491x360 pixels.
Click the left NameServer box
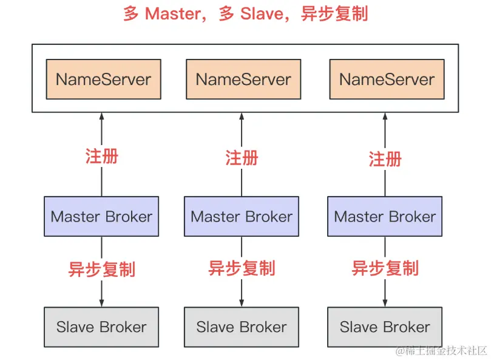coord(104,79)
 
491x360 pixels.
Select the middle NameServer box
coord(243,79)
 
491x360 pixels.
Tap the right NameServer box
coord(387,79)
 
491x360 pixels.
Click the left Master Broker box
coord(101,216)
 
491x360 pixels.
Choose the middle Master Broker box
coord(242,216)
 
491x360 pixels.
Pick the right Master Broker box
coord(385,216)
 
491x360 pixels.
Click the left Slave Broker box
coord(101,327)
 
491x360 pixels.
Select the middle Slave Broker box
coord(242,327)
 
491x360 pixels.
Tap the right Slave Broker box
coord(385,327)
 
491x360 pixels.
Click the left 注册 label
coord(101,156)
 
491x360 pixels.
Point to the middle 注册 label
coord(242,158)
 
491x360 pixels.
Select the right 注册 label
coord(385,159)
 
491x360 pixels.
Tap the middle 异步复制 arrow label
coord(242,268)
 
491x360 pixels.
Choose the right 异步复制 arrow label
coord(385,268)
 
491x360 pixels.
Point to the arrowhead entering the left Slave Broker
coord(101,303)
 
